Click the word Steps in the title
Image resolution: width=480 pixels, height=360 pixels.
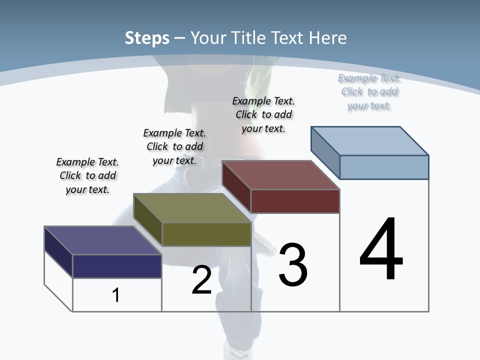[147, 38]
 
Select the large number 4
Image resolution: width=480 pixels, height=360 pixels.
[381, 249]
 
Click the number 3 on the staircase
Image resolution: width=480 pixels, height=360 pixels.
[293, 265]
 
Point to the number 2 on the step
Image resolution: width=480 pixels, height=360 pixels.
[201, 280]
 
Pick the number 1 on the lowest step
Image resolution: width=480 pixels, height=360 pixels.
[116, 295]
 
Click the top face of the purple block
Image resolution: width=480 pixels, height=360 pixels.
[102, 240]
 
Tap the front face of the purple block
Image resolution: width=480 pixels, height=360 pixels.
[117, 266]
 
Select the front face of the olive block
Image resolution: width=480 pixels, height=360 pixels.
[206, 234]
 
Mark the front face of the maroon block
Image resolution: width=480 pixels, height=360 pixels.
[295, 201]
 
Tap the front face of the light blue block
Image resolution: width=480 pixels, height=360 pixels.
[384, 167]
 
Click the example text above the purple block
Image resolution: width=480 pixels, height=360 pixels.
[87, 175]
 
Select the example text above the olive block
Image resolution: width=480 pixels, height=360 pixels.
[174, 146]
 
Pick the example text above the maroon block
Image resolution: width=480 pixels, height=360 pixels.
[263, 114]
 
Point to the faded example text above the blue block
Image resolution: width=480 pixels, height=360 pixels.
[369, 91]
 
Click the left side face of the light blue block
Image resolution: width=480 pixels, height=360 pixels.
[325, 150]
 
